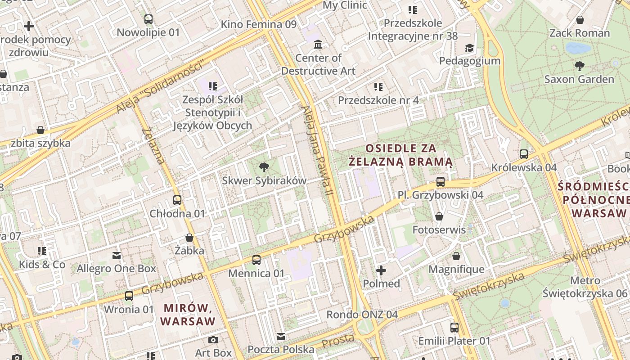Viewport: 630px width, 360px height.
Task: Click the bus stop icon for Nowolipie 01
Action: click(x=148, y=19)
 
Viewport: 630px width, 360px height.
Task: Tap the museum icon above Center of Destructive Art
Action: click(x=318, y=45)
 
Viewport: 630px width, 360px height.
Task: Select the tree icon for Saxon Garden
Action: click(x=580, y=66)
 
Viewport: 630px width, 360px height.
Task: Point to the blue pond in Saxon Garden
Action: click(x=578, y=48)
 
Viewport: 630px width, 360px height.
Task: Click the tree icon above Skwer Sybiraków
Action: click(x=264, y=168)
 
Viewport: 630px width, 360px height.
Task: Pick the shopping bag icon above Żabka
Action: click(x=189, y=238)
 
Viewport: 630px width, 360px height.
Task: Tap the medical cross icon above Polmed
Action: click(x=381, y=270)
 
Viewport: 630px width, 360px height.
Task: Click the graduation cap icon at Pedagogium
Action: click(x=469, y=48)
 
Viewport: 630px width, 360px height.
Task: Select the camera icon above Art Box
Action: click(x=213, y=340)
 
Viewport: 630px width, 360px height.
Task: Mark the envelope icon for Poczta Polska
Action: click(x=281, y=337)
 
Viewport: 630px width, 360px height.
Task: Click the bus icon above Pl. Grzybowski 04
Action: click(x=441, y=182)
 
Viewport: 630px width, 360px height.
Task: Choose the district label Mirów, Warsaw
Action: click(x=188, y=315)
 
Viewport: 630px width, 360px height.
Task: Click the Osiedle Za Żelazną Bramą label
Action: click(x=401, y=155)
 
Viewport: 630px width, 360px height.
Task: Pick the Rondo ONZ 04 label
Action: click(x=362, y=314)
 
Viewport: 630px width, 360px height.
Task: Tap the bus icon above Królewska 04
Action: click(x=524, y=154)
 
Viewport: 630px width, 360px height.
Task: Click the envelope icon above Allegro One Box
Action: click(x=117, y=256)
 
